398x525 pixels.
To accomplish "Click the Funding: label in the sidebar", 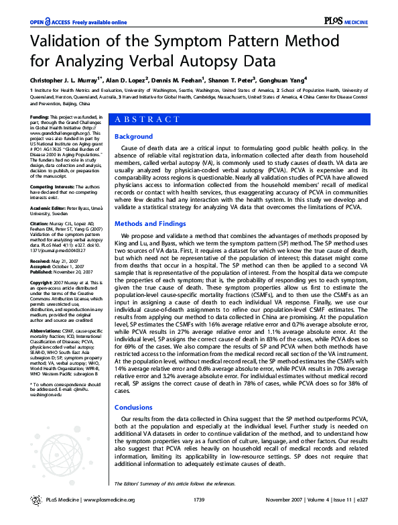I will click(x=40, y=117).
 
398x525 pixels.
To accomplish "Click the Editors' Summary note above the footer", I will click(x=174, y=483).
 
